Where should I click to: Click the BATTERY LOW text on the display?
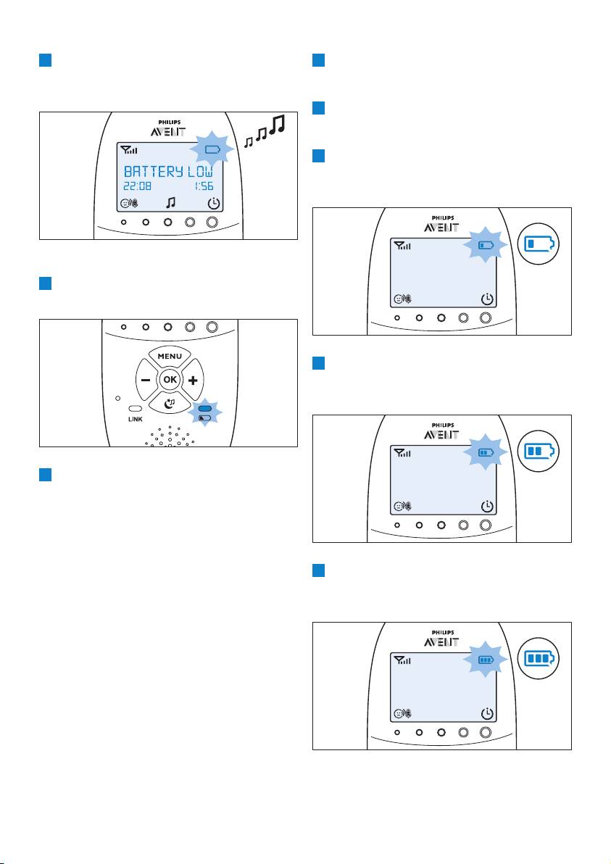coord(168,171)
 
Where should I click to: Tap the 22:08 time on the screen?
coord(137,186)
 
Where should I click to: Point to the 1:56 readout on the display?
coord(203,186)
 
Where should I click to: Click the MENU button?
coord(170,356)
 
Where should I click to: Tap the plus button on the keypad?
coord(193,381)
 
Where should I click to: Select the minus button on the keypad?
coord(146,381)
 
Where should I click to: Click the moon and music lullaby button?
coord(170,403)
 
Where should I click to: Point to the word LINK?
coord(136,420)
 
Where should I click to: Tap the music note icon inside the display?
coord(171,203)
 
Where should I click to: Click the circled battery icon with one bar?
coord(539,244)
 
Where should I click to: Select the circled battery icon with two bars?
coord(539,452)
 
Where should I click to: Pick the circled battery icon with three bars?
coord(539,658)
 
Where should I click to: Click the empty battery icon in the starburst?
coord(212,149)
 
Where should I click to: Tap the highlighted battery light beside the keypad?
coord(204,409)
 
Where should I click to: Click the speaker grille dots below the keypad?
coord(170,436)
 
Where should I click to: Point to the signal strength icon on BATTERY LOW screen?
coord(130,149)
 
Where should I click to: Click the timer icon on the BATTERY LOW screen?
coord(213,204)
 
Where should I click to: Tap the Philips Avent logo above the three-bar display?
coord(441,639)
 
